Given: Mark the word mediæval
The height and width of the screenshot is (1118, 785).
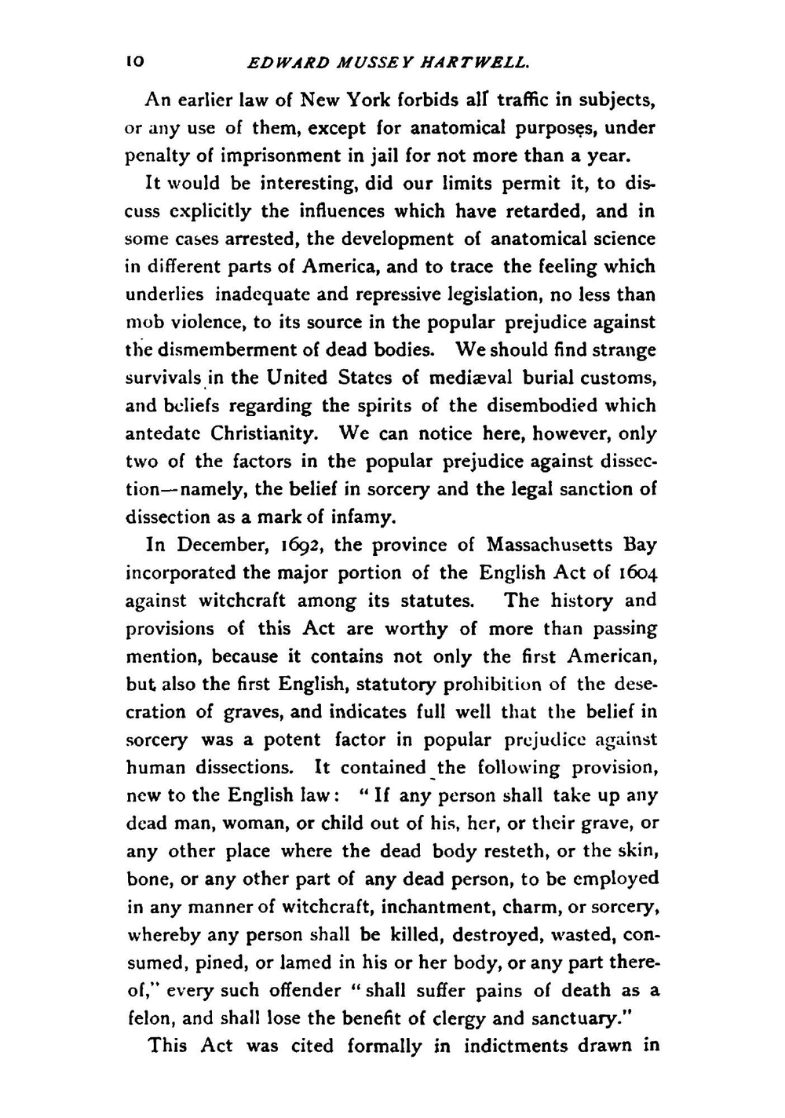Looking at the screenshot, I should coord(468,378).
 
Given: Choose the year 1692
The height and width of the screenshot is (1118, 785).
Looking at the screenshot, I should coord(301,545).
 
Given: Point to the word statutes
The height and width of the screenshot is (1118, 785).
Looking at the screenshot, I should coord(438,601).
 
